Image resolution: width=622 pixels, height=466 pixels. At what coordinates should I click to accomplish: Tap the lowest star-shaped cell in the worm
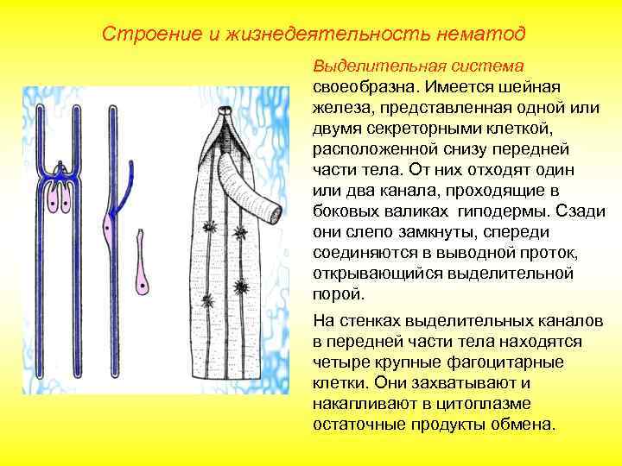click(x=206, y=300)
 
